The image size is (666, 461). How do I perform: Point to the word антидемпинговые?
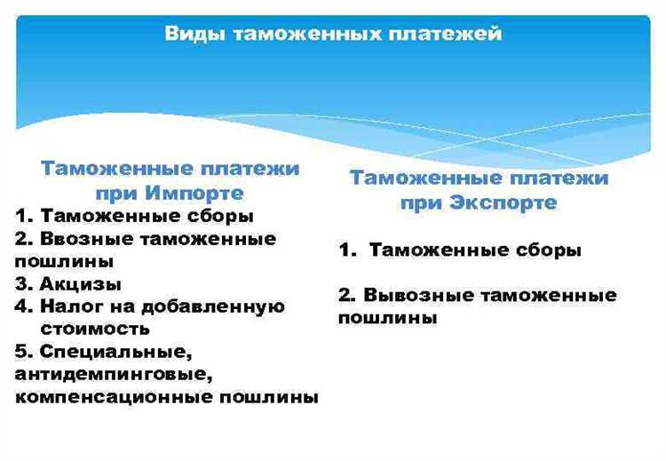click(112, 374)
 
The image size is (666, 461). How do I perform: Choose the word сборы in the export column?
click(548, 250)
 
